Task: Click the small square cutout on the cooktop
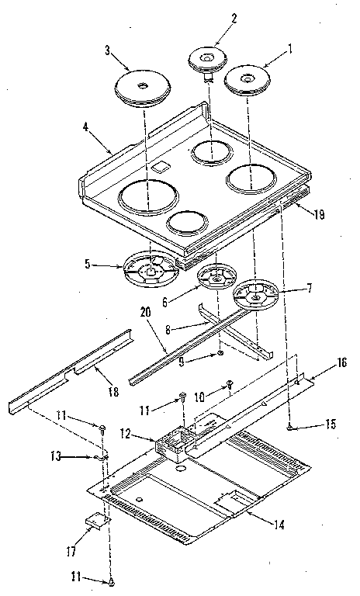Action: coord(162,166)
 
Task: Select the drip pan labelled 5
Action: coord(145,269)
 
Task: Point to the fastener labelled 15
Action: coord(289,426)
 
